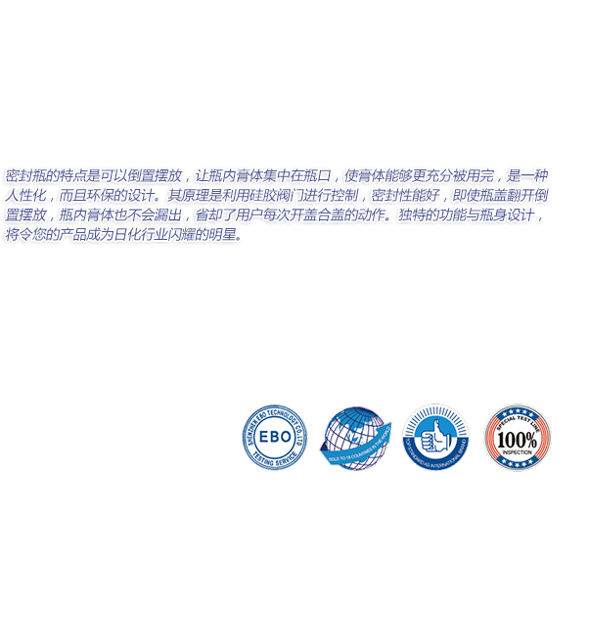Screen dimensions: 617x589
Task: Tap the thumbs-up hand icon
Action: tap(434, 433)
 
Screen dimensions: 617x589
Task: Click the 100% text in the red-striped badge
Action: tap(518, 439)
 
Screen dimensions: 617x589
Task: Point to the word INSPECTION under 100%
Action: tap(518, 452)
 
